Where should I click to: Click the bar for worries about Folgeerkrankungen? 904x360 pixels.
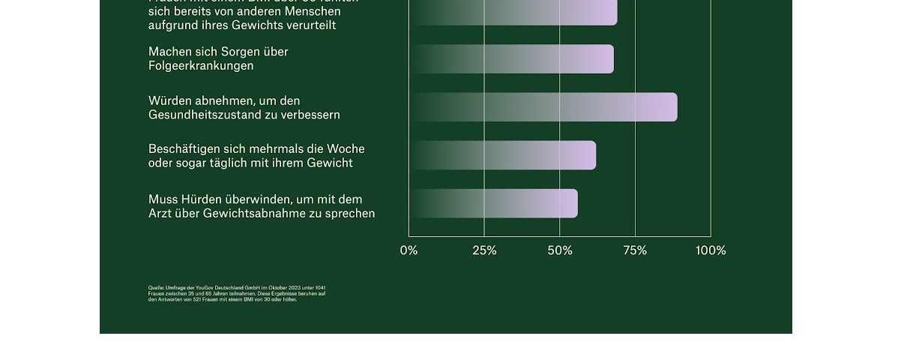(512, 59)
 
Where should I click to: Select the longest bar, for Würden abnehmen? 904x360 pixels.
(543, 107)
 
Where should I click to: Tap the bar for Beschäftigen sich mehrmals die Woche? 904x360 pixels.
(503, 155)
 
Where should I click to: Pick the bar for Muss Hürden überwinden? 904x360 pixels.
(494, 203)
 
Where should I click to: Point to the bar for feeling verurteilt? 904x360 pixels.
(513, 13)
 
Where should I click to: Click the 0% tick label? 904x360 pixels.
(409, 250)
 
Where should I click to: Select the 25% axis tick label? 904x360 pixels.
(484, 250)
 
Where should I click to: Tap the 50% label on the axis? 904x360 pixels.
(560, 250)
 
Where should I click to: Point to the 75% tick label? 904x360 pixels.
(635, 250)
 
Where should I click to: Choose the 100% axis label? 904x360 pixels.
(711, 250)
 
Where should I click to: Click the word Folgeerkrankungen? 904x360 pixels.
(201, 66)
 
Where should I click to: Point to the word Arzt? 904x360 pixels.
(160, 214)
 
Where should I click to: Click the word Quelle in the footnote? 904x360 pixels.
(156, 288)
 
